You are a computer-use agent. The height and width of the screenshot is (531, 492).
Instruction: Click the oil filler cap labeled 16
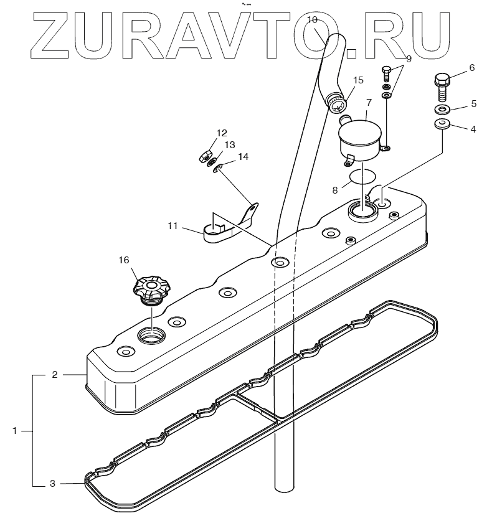tap(151, 288)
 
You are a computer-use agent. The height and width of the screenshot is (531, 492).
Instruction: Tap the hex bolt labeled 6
tap(442, 85)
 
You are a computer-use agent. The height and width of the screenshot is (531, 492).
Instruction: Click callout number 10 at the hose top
tap(313, 20)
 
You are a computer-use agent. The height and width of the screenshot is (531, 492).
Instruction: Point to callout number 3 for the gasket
tap(53, 482)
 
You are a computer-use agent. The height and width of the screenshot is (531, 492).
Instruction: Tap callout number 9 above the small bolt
tap(409, 59)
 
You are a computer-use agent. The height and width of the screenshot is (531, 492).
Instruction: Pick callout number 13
tap(230, 145)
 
